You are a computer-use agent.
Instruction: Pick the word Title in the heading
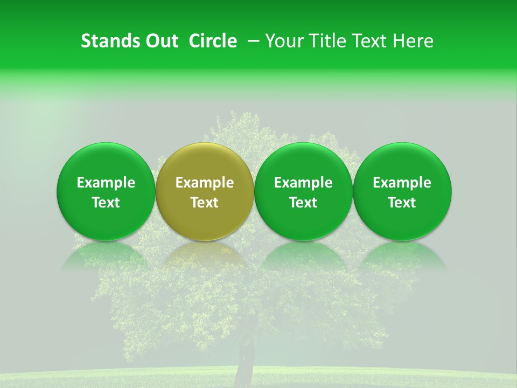click(327, 41)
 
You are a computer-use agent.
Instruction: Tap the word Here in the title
click(414, 41)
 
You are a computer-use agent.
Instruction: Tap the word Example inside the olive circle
click(205, 183)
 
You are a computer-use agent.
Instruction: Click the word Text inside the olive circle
click(205, 203)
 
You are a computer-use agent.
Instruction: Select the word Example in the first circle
click(106, 183)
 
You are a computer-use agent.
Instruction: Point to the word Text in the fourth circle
click(402, 203)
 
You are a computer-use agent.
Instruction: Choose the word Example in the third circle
click(303, 183)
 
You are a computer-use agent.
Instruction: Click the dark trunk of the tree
click(246, 358)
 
